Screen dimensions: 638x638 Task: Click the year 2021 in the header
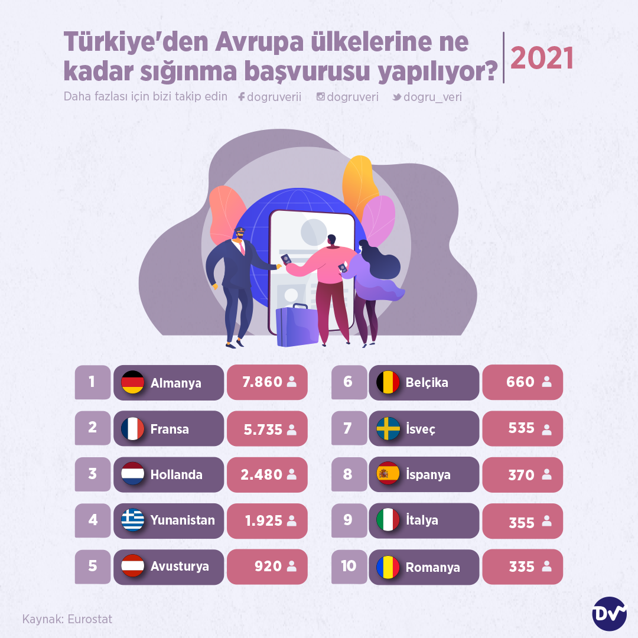click(542, 58)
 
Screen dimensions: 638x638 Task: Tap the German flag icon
click(132, 382)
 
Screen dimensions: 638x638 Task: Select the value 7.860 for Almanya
click(262, 382)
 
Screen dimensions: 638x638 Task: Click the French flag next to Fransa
click(132, 429)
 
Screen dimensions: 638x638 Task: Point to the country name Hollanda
click(176, 474)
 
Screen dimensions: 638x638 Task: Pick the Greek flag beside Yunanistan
click(132, 520)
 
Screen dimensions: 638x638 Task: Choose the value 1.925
click(263, 520)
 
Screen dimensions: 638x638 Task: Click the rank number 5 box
click(93, 566)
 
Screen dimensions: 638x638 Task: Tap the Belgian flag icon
click(388, 382)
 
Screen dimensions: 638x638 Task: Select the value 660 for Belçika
click(520, 382)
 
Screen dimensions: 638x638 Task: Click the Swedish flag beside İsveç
click(388, 429)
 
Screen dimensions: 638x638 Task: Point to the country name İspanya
click(428, 474)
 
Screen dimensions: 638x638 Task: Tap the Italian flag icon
click(388, 520)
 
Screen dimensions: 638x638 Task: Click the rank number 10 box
click(349, 566)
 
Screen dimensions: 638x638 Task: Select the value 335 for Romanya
click(522, 567)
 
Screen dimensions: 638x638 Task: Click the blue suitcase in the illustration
click(297, 326)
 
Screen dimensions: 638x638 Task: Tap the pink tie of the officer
click(242, 247)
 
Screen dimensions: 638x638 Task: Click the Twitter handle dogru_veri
click(432, 97)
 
